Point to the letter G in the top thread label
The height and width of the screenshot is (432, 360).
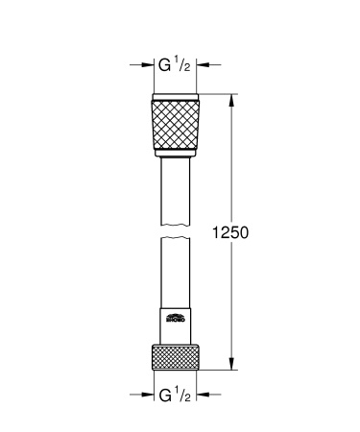click(164, 66)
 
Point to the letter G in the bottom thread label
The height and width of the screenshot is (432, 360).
click(164, 394)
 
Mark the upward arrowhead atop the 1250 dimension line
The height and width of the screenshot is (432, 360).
click(231, 98)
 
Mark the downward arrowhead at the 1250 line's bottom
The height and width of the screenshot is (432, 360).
click(231, 362)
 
